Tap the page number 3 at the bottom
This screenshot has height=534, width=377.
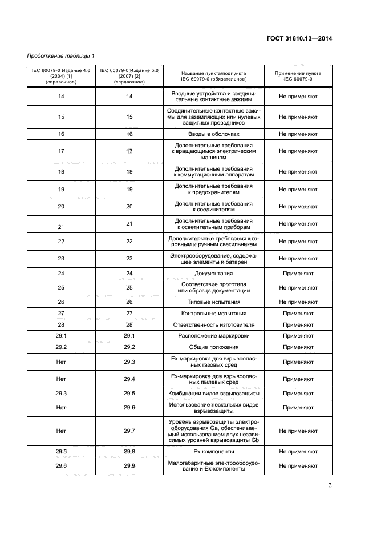click(x=329, y=486)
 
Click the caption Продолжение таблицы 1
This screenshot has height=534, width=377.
click(x=61, y=55)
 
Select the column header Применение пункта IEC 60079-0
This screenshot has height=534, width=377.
click(x=298, y=76)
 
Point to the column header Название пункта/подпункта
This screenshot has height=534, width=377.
click(x=213, y=76)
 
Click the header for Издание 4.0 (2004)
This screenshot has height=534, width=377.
click(x=61, y=76)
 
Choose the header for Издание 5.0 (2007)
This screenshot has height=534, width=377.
click(x=129, y=76)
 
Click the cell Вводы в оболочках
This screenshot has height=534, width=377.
click(x=213, y=134)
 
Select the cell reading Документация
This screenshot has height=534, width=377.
click(x=213, y=274)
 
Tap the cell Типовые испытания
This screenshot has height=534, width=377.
click(x=213, y=302)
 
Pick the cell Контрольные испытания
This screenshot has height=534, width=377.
click(x=213, y=313)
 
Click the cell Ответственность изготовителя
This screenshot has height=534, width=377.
click(x=213, y=324)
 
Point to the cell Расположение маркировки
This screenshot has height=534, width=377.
click(x=213, y=335)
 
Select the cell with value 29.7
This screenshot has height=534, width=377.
click(x=129, y=431)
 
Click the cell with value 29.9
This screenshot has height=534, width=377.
click(x=129, y=465)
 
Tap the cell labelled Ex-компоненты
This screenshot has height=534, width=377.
click(x=213, y=451)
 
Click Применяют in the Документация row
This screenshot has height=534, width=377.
click(x=298, y=274)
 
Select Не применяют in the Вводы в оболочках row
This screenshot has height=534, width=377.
click(x=298, y=134)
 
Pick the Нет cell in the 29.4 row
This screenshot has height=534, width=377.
click(x=61, y=379)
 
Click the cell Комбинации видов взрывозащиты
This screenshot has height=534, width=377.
click(x=213, y=393)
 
